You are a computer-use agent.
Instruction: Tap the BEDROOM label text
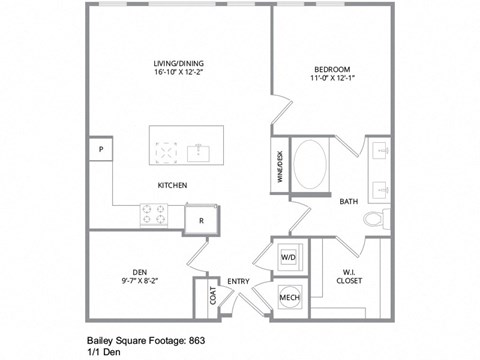click(330, 69)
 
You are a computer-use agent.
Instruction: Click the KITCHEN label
click(172, 185)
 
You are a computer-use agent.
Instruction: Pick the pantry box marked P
click(100, 149)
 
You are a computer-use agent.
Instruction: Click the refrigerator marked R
click(202, 220)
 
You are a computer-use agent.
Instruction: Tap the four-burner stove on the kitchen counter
click(154, 214)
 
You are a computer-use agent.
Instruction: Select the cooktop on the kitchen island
click(166, 152)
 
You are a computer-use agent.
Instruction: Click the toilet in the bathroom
click(374, 218)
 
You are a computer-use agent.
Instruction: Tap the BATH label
click(348, 202)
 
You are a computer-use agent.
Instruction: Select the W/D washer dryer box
click(288, 257)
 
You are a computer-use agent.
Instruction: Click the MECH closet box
click(289, 297)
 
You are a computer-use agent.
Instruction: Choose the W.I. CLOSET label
click(349, 275)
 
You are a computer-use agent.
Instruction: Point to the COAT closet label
click(213, 297)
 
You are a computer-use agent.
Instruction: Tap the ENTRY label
click(238, 281)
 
